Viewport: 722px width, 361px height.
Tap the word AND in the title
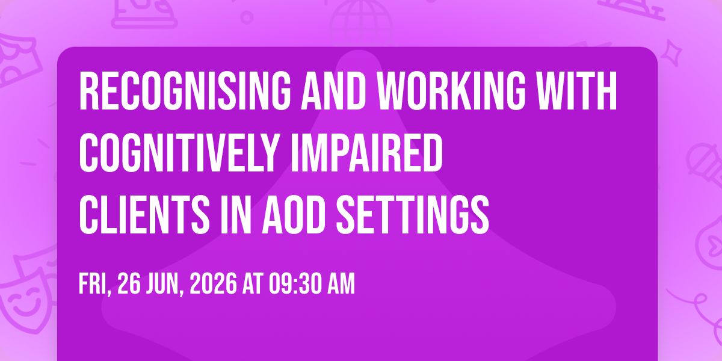click(333, 91)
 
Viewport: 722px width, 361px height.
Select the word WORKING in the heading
click(452, 91)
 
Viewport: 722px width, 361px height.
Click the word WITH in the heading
click(577, 91)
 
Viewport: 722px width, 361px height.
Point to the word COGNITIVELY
click(179, 153)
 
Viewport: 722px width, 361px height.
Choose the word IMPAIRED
click(366, 153)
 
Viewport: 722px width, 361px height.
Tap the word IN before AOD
click(236, 215)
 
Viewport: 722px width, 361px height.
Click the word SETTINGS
click(413, 215)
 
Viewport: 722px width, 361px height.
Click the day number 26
click(129, 283)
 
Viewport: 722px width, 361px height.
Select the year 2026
click(214, 283)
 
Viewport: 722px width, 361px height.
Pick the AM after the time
click(341, 283)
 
